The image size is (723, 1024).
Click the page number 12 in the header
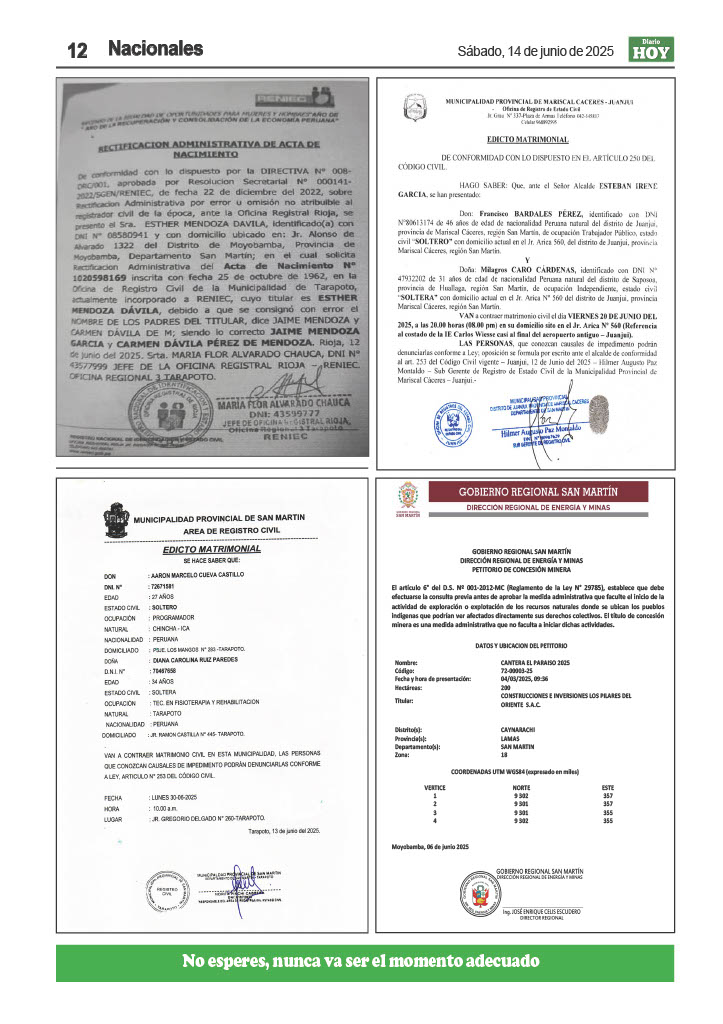pyautogui.click(x=77, y=50)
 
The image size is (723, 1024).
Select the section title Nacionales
pyautogui.click(x=155, y=48)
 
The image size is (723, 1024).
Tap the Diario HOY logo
pyautogui.click(x=650, y=49)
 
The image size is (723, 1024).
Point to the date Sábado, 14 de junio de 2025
pyautogui.click(x=535, y=50)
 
